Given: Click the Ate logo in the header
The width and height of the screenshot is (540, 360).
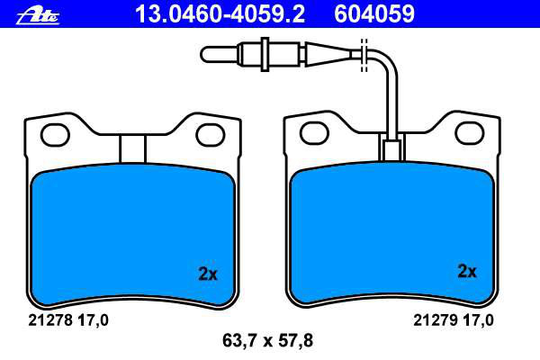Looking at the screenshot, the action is [x=38, y=16].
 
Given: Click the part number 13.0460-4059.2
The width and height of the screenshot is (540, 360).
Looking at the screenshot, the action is [x=220, y=13].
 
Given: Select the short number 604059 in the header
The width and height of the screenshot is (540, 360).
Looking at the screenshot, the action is [x=374, y=13].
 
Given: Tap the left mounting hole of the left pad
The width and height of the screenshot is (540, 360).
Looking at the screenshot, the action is [x=55, y=135].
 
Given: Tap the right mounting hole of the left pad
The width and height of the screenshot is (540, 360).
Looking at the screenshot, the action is [x=211, y=135].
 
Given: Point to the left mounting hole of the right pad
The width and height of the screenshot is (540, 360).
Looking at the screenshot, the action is [x=314, y=132].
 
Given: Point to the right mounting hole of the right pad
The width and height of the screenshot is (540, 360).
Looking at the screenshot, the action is [x=470, y=132].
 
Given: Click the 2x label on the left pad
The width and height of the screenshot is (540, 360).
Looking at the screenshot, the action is [x=208, y=274].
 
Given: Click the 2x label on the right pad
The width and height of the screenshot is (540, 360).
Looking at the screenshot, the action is [x=467, y=272].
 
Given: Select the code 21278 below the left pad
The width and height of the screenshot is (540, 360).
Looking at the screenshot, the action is [x=50, y=320].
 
